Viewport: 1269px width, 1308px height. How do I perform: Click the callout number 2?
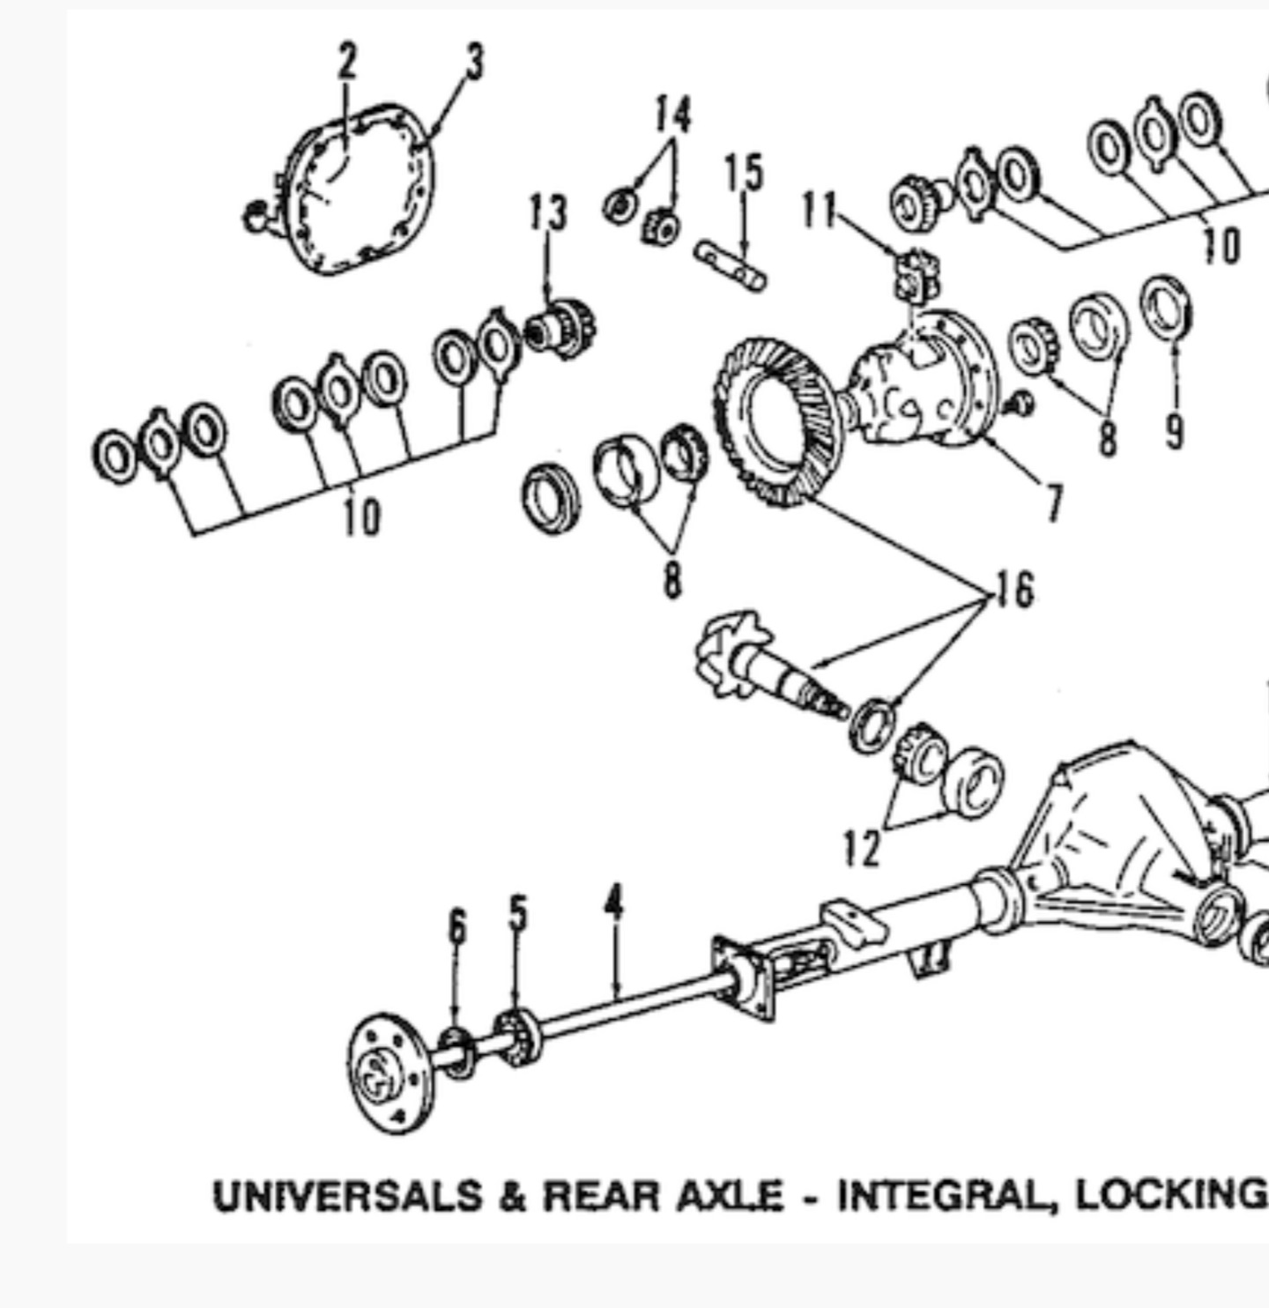pos(347,62)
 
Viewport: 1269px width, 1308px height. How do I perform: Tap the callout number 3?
pos(475,63)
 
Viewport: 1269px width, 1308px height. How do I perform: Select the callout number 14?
pos(672,115)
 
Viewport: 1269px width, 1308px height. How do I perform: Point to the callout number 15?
pos(743,173)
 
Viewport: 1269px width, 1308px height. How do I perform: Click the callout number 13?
pos(547,214)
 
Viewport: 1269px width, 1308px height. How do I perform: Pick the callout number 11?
pos(818,211)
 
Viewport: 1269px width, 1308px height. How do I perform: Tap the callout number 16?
pos(1014,590)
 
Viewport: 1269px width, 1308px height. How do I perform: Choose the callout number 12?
pos(861,849)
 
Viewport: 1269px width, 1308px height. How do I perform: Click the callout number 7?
pos(1053,503)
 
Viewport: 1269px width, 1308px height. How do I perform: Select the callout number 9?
pos(1173,432)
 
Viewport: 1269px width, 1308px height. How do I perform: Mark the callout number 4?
pos(614,904)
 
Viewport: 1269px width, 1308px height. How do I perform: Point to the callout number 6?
pos(456,927)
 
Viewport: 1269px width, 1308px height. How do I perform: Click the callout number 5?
pos(518,914)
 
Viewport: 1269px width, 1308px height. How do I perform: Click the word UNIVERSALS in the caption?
pos(346,1196)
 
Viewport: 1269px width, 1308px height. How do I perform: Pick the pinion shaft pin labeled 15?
pos(731,265)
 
